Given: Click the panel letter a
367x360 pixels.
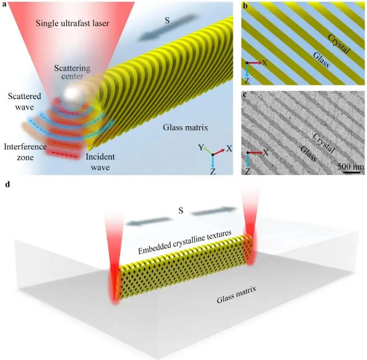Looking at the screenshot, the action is point(3,4).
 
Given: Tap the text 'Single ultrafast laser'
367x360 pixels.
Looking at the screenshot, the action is point(72,24).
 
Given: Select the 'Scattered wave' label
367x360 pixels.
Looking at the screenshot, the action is point(24,101).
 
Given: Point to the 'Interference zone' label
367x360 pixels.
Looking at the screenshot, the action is point(25,152).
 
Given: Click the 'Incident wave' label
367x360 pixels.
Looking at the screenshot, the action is point(100,162).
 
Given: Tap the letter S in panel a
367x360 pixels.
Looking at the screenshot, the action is point(167,20).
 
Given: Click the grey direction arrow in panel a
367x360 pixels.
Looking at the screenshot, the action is point(168,28).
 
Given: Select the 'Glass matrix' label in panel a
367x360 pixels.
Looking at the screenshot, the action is point(186,127).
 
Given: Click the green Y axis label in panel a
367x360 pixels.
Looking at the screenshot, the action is point(201,147).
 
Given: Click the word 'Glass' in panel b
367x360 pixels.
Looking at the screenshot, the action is point(321,60).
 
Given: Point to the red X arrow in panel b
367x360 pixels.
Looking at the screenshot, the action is point(254,62).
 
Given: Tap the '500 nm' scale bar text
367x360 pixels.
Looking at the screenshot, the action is point(351,166).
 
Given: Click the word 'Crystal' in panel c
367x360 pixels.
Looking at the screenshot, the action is point(324,143).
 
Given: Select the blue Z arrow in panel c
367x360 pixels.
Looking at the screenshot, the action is point(248,160).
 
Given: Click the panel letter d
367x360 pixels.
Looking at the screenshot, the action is point(7,184).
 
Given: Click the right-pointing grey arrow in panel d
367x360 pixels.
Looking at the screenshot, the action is point(213,211).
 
